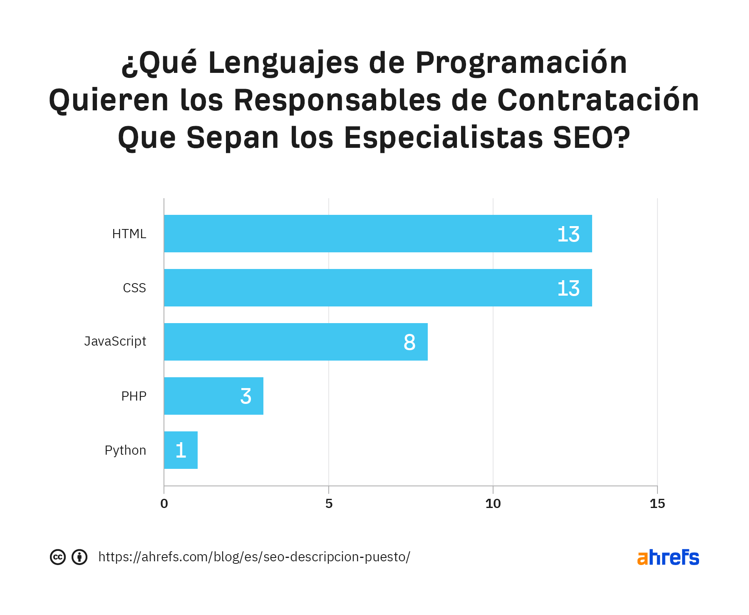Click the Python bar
click(x=181, y=450)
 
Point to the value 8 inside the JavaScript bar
click(x=409, y=342)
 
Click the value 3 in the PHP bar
click(x=246, y=396)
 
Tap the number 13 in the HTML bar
click(x=568, y=234)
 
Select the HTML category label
click(x=129, y=234)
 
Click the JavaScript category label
click(x=115, y=341)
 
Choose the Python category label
click(x=125, y=451)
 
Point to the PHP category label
click(x=134, y=396)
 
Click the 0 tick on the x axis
click(x=164, y=504)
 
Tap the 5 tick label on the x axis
click(x=329, y=504)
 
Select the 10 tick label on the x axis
click(x=493, y=504)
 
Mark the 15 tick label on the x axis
click(x=657, y=504)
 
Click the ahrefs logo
click(x=668, y=557)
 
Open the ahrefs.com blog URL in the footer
click(x=254, y=557)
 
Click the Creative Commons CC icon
click(x=58, y=557)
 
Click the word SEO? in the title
click(x=591, y=138)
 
